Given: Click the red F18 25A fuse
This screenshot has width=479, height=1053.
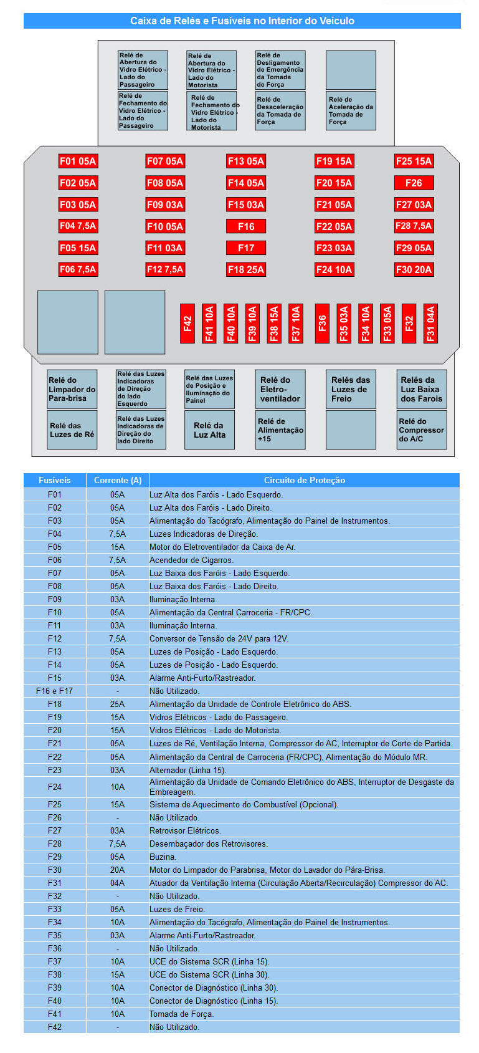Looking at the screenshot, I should [246, 269].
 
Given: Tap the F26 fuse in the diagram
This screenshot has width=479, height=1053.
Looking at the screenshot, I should [414, 183].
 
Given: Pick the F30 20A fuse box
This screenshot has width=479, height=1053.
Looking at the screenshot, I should [414, 269].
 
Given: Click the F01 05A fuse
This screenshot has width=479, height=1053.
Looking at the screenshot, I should [78, 161].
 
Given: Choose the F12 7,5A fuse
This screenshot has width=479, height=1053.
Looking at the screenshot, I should [165, 269].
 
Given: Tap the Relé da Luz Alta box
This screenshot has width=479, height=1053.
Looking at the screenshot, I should [209, 430].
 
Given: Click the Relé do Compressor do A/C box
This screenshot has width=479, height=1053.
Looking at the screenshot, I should [422, 430].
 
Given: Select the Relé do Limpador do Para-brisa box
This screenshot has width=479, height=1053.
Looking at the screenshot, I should [72, 389].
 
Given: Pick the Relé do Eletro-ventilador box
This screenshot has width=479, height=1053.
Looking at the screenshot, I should [280, 389].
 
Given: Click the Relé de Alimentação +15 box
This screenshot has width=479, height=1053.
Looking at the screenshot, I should [280, 430].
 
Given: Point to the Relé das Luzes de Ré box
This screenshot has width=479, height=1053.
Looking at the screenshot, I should [72, 430].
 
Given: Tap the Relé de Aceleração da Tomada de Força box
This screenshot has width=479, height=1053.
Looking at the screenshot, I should [351, 111].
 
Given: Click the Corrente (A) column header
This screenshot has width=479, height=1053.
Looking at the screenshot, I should [118, 480].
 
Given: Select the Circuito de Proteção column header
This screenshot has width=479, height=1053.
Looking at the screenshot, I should [304, 480].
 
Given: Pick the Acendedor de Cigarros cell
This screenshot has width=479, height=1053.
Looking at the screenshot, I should [191, 560].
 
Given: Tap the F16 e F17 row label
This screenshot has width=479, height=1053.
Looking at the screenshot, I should [55, 691].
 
